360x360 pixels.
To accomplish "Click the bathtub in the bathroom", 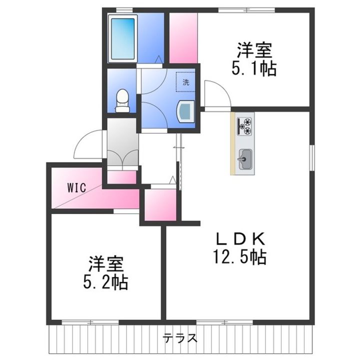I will pos(123,38).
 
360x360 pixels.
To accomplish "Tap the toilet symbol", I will pos(122,100).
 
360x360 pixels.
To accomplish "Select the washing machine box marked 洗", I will pos(185,82).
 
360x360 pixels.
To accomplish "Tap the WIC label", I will pos(77,188).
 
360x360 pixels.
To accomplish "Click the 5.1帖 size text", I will pos(254,68).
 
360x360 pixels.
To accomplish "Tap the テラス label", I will pos(179,337).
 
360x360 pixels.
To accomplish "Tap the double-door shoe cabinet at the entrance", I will pos(121,150).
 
